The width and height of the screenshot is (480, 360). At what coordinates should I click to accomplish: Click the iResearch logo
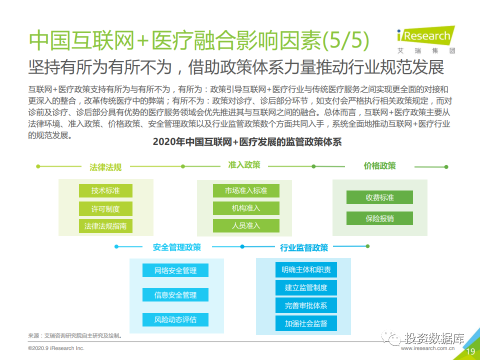(x=426, y=40)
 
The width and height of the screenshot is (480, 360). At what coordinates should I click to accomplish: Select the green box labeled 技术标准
(x=105, y=190)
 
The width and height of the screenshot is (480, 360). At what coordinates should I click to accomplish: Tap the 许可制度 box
(x=105, y=209)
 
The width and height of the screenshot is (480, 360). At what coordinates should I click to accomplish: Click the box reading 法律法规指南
(x=105, y=226)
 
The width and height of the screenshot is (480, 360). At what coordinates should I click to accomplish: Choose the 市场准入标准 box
(x=246, y=190)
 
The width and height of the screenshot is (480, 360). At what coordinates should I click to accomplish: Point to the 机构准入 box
(x=246, y=208)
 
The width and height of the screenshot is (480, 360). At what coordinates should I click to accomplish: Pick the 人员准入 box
(x=246, y=225)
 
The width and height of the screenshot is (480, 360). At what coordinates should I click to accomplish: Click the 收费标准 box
(x=379, y=197)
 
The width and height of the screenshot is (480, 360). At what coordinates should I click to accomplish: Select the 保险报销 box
(x=379, y=218)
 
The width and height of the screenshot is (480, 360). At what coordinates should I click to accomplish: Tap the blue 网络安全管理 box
(x=175, y=270)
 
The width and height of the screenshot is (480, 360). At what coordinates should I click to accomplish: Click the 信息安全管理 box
(x=175, y=295)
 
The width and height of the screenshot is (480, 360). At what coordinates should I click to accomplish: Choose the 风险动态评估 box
(x=175, y=319)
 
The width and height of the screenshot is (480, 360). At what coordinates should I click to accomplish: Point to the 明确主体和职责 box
(x=306, y=269)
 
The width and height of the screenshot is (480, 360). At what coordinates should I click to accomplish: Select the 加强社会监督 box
(x=306, y=323)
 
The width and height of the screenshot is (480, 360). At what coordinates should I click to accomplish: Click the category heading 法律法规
(x=105, y=167)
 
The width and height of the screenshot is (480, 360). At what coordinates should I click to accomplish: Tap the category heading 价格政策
(x=379, y=166)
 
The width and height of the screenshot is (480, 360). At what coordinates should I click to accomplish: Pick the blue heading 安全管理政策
(x=177, y=247)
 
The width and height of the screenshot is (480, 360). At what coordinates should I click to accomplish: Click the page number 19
(x=470, y=351)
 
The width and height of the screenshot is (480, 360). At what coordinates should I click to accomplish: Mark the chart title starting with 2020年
(x=247, y=142)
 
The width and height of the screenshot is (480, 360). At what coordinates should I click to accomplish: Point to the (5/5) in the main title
(x=345, y=40)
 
